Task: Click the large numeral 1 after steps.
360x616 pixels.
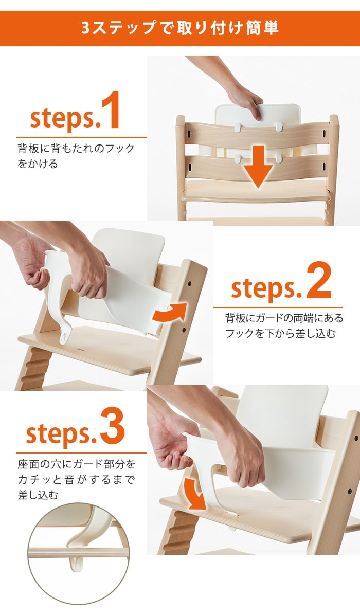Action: pyautogui.click(x=111, y=110)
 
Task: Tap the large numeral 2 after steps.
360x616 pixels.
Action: pyautogui.click(x=319, y=281)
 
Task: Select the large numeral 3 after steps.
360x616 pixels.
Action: pyautogui.click(x=113, y=426)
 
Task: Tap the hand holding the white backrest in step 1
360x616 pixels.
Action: pyautogui.click(x=246, y=100)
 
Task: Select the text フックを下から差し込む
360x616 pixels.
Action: pyautogui.click(x=281, y=334)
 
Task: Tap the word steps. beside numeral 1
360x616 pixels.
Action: pyautogui.click(x=63, y=118)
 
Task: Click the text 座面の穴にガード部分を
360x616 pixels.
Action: pyautogui.click(x=76, y=464)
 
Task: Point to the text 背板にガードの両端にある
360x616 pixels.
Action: pyautogui.click(x=284, y=318)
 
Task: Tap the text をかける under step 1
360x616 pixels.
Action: pyautogui.click(x=38, y=164)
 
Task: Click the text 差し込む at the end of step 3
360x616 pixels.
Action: pyautogui.click(x=38, y=495)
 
